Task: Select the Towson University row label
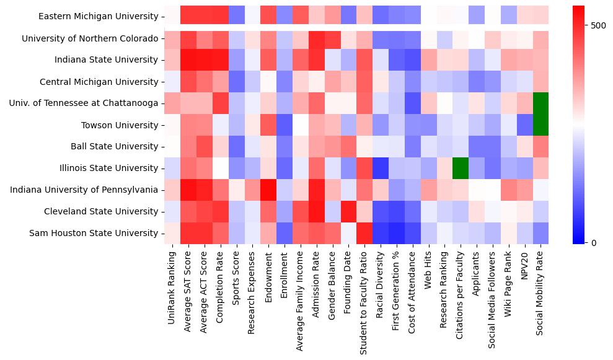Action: click(x=120, y=125)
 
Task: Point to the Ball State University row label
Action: click(x=113, y=146)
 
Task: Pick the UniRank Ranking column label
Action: click(x=172, y=289)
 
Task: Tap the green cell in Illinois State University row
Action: click(x=461, y=168)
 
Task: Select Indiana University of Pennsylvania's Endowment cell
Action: click(x=268, y=190)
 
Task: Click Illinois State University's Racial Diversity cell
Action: click(x=381, y=168)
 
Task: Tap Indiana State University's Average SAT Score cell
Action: click(x=188, y=59)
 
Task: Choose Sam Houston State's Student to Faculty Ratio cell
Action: click(x=364, y=233)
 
